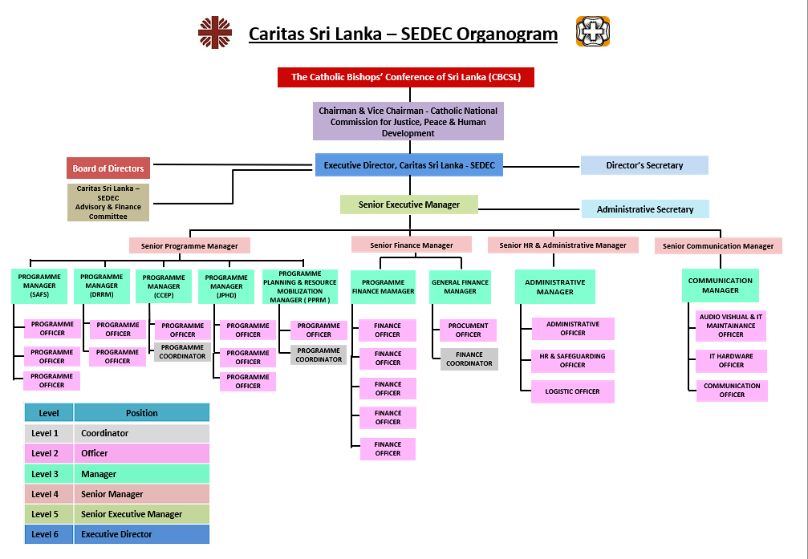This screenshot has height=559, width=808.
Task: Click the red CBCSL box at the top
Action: pyautogui.click(x=405, y=77)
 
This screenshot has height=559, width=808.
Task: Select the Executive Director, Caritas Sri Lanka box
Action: pyautogui.click(x=408, y=165)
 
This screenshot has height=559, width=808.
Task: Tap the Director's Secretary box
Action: pyautogui.click(x=644, y=165)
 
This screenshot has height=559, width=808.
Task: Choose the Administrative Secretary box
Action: pyautogui.click(x=644, y=209)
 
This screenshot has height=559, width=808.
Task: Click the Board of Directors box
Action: pyautogui.click(x=108, y=168)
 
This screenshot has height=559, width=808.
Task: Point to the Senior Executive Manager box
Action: pyautogui.click(x=409, y=205)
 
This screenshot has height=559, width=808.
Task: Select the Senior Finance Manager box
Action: pyautogui.click(x=411, y=245)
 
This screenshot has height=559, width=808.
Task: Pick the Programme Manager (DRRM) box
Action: pyautogui.click(x=102, y=286)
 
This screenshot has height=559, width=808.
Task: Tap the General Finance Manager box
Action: pyautogui.click(x=460, y=287)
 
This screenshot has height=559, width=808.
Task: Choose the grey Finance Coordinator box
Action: pyautogui.click(x=469, y=358)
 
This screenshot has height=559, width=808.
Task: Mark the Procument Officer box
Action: pyautogui.click(x=468, y=330)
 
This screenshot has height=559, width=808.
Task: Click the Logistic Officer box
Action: pyautogui.click(x=572, y=391)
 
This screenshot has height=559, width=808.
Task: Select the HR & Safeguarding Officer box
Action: pyautogui.click(x=572, y=360)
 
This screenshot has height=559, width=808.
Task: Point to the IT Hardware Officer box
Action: pyautogui.click(x=731, y=361)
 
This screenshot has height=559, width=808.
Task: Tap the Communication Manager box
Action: pyautogui.click(x=720, y=286)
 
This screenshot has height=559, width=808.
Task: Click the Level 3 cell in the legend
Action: pyautogui.click(x=49, y=474)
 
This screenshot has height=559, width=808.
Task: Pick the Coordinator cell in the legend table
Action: pyautogui.click(x=141, y=433)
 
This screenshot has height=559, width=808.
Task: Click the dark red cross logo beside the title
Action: pyautogui.click(x=215, y=33)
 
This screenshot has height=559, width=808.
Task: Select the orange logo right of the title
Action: pyautogui.click(x=592, y=32)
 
